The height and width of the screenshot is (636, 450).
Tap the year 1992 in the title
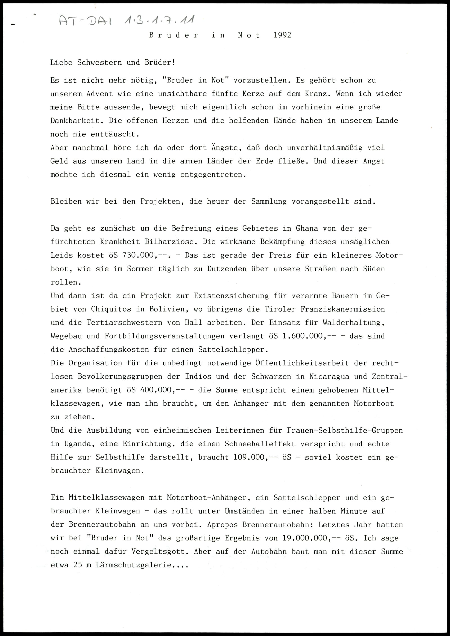[x=282, y=35]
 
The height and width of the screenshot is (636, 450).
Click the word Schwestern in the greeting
[x=99, y=62]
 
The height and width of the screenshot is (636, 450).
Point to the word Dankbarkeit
[x=75, y=121]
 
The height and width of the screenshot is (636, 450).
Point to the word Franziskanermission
[x=343, y=309]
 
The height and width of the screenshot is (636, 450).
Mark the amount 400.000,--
[x=157, y=390]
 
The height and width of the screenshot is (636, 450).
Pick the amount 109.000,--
[x=253, y=457]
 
